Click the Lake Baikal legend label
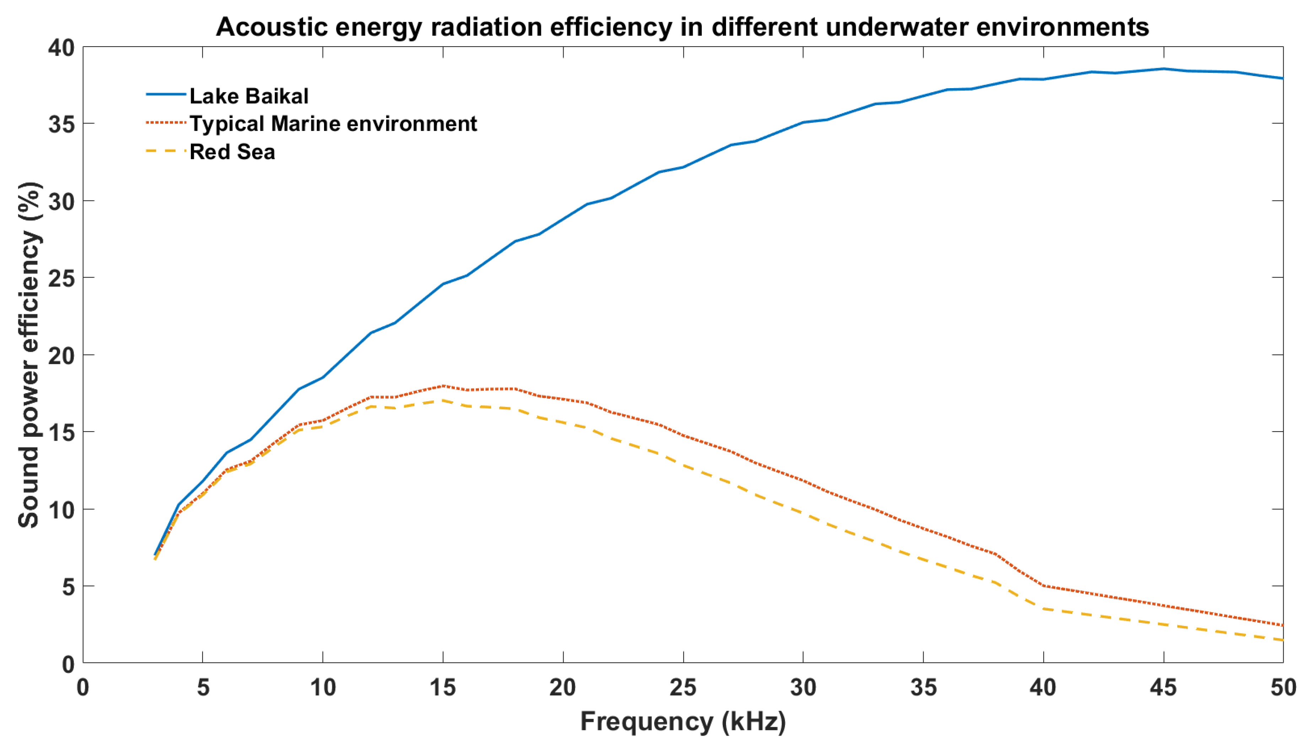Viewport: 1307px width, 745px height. pyautogui.click(x=249, y=96)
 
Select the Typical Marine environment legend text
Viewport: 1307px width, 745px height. pyautogui.click(x=333, y=124)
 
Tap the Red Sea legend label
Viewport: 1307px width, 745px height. pyautogui.click(x=232, y=152)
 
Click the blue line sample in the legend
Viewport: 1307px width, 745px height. pyautogui.click(x=166, y=95)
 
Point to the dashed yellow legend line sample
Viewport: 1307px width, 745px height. pyautogui.click(x=166, y=151)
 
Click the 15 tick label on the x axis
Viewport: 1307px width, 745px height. pyautogui.click(x=442, y=687)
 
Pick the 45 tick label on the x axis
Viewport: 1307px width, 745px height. pyautogui.click(x=1163, y=687)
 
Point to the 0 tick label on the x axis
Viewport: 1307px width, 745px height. pyautogui.click(x=83, y=687)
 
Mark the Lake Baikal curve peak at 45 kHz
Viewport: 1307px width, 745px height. pyautogui.click(x=1163, y=69)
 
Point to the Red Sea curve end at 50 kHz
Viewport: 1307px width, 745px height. pyautogui.click(x=1282, y=639)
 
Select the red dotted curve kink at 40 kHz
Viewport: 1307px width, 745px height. pyautogui.click(x=1043, y=586)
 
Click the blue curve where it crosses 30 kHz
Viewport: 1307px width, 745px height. pyautogui.click(x=803, y=122)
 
